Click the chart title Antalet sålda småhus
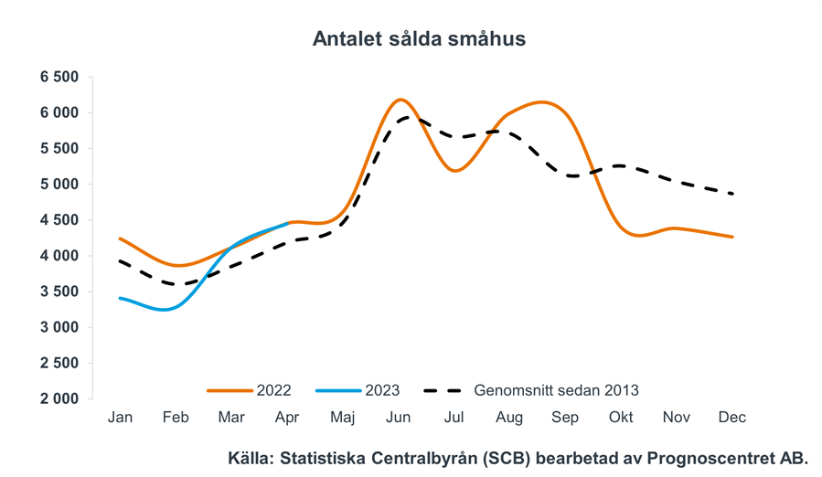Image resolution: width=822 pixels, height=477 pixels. [x=419, y=39]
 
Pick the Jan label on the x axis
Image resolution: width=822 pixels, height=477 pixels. [x=120, y=418]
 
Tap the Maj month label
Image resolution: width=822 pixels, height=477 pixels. [x=342, y=418]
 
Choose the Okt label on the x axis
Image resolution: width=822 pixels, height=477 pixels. [x=621, y=418]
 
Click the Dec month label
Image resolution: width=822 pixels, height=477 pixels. [x=731, y=418]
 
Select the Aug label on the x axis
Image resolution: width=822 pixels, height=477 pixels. [x=509, y=418]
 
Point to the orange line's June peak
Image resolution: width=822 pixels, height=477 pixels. [x=400, y=100]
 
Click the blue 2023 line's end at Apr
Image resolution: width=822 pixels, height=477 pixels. [x=288, y=223]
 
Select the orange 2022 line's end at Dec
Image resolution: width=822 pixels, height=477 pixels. [x=732, y=237]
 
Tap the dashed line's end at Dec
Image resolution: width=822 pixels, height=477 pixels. [x=732, y=194]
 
